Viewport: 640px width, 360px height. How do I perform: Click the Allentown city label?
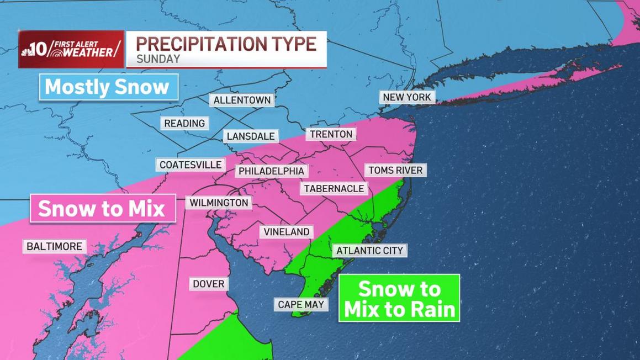point(242,100)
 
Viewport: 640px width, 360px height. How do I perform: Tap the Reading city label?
point(184,123)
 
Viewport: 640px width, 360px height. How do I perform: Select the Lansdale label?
point(251,136)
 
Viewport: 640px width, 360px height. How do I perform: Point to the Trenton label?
point(331,134)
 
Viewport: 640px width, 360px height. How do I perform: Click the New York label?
point(407,97)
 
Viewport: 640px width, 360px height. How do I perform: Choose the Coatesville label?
point(191,165)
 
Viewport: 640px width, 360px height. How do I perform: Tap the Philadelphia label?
point(271,171)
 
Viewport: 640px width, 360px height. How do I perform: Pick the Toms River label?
point(395,170)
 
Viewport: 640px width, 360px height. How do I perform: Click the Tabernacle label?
point(334,188)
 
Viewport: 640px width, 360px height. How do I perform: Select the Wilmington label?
point(219,203)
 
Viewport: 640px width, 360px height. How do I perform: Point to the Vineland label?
point(287,232)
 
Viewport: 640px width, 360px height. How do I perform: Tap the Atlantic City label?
point(370,251)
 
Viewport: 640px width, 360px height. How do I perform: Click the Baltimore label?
point(54,246)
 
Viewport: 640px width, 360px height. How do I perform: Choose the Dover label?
point(209,284)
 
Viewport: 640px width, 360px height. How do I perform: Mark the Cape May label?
point(301,304)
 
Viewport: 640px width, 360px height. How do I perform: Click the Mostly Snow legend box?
point(108,87)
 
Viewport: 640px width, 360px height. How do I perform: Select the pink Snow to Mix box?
point(103,209)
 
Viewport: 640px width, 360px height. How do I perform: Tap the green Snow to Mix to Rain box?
point(399,298)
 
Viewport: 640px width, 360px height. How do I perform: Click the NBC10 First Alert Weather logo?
point(71,49)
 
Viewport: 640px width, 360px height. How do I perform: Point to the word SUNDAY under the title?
point(158,59)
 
